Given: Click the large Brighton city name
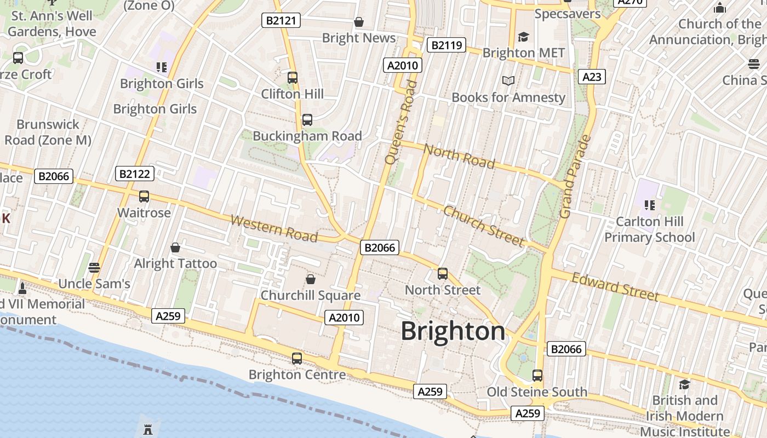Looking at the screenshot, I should [453, 331].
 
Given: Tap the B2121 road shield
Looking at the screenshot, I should [281, 21].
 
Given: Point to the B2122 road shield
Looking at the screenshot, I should [135, 174].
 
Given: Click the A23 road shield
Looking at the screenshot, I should [592, 77].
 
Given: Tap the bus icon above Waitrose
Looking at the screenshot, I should [144, 197].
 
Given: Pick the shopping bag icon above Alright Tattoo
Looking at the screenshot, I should [175, 248].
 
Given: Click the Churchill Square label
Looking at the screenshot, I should [310, 296].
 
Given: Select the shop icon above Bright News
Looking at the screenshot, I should [359, 22].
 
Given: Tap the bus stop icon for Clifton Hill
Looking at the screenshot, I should [293, 78].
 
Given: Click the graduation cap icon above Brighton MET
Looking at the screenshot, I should [524, 37].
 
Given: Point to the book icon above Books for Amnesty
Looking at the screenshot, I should [508, 81].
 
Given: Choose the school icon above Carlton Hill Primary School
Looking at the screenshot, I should [650, 205].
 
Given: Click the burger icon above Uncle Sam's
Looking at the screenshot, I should [94, 268].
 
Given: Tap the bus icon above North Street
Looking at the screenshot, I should [443, 274].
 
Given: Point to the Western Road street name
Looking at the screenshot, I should [274, 228].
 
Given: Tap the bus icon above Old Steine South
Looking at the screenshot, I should [537, 376].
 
